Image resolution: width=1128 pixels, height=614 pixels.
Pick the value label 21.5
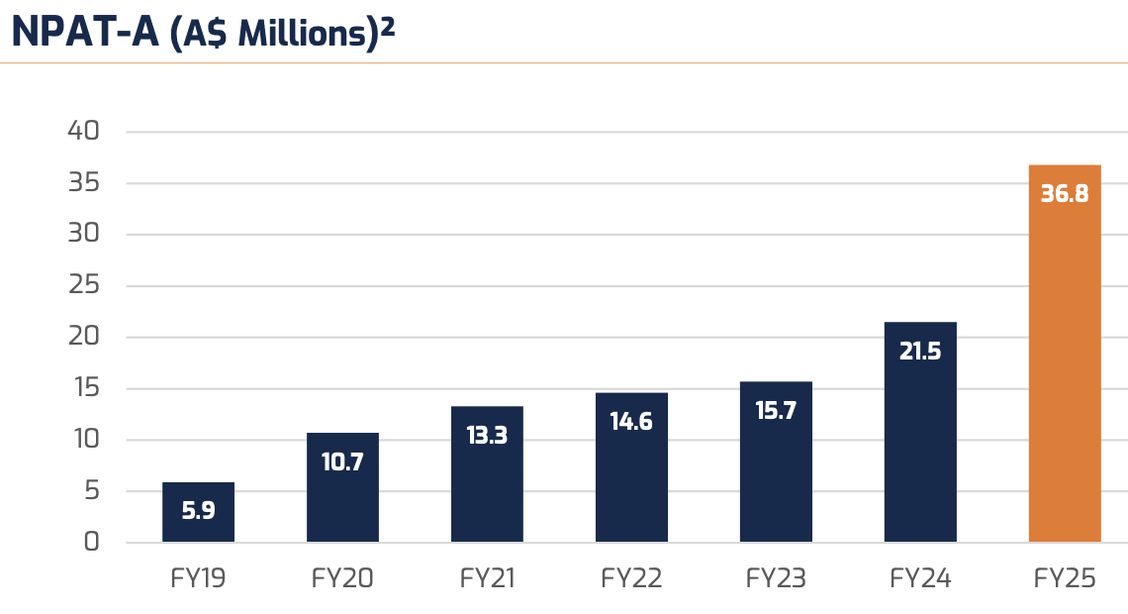(920, 351)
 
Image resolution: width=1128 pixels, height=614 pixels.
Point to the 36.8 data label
(1065, 194)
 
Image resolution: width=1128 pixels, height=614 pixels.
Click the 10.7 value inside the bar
(342, 461)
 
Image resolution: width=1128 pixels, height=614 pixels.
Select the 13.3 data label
(487, 435)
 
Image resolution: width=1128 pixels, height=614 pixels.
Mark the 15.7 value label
(776, 411)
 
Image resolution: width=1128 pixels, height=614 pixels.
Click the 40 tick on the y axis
(84, 131)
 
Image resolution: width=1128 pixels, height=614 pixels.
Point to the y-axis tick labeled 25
(84, 285)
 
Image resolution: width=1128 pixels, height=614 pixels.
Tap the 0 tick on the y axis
(91, 542)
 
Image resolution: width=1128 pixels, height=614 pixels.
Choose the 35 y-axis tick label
(84, 182)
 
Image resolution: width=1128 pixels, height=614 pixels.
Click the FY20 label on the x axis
(342, 578)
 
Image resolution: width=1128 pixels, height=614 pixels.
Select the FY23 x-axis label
(776, 578)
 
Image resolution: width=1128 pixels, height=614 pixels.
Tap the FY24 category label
(920, 578)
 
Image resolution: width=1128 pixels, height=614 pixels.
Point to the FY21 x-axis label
(487, 578)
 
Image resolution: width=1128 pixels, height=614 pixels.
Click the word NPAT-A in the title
(83, 32)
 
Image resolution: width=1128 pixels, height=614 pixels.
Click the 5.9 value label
(198, 512)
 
